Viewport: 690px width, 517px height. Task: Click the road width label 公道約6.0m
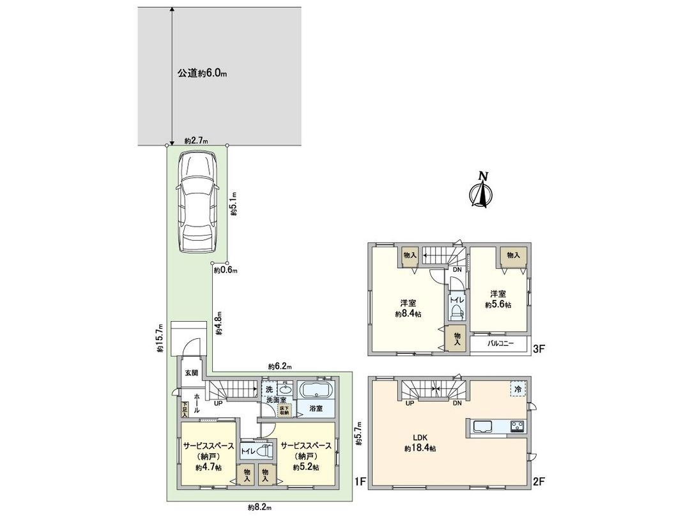pos(202,73)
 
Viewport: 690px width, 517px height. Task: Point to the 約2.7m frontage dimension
pos(196,141)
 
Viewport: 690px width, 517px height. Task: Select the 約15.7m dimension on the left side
pos(160,338)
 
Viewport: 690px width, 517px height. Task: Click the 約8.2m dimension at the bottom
pos(259,507)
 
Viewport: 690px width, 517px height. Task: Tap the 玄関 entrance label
pos(192,373)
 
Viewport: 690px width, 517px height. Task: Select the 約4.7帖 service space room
pos(208,457)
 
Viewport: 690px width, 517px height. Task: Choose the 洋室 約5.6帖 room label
pos(498,299)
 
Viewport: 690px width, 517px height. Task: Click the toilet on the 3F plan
pos(456,311)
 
